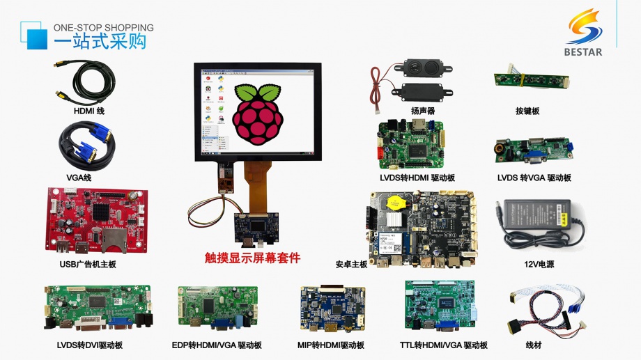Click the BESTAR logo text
[x=584, y=52]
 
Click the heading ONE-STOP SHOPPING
[x=104, y=28]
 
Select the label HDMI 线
[x=88, y=111]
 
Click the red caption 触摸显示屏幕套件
[x=252, y=258]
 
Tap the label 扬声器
[x=422, y=111]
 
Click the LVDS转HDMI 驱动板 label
[x=417, y=178]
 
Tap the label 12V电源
[x=539, y=265]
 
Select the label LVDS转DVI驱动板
[x=89, y=345]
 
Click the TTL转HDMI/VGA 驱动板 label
[x=443, y=345]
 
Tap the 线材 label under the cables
[x=534, y=345]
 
